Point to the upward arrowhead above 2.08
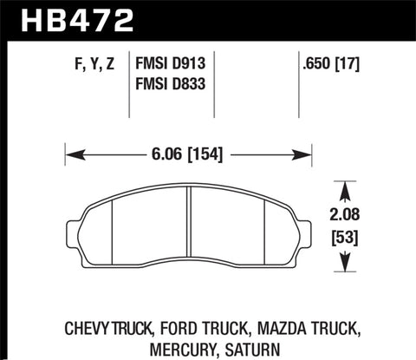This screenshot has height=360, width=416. point(346,187)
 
